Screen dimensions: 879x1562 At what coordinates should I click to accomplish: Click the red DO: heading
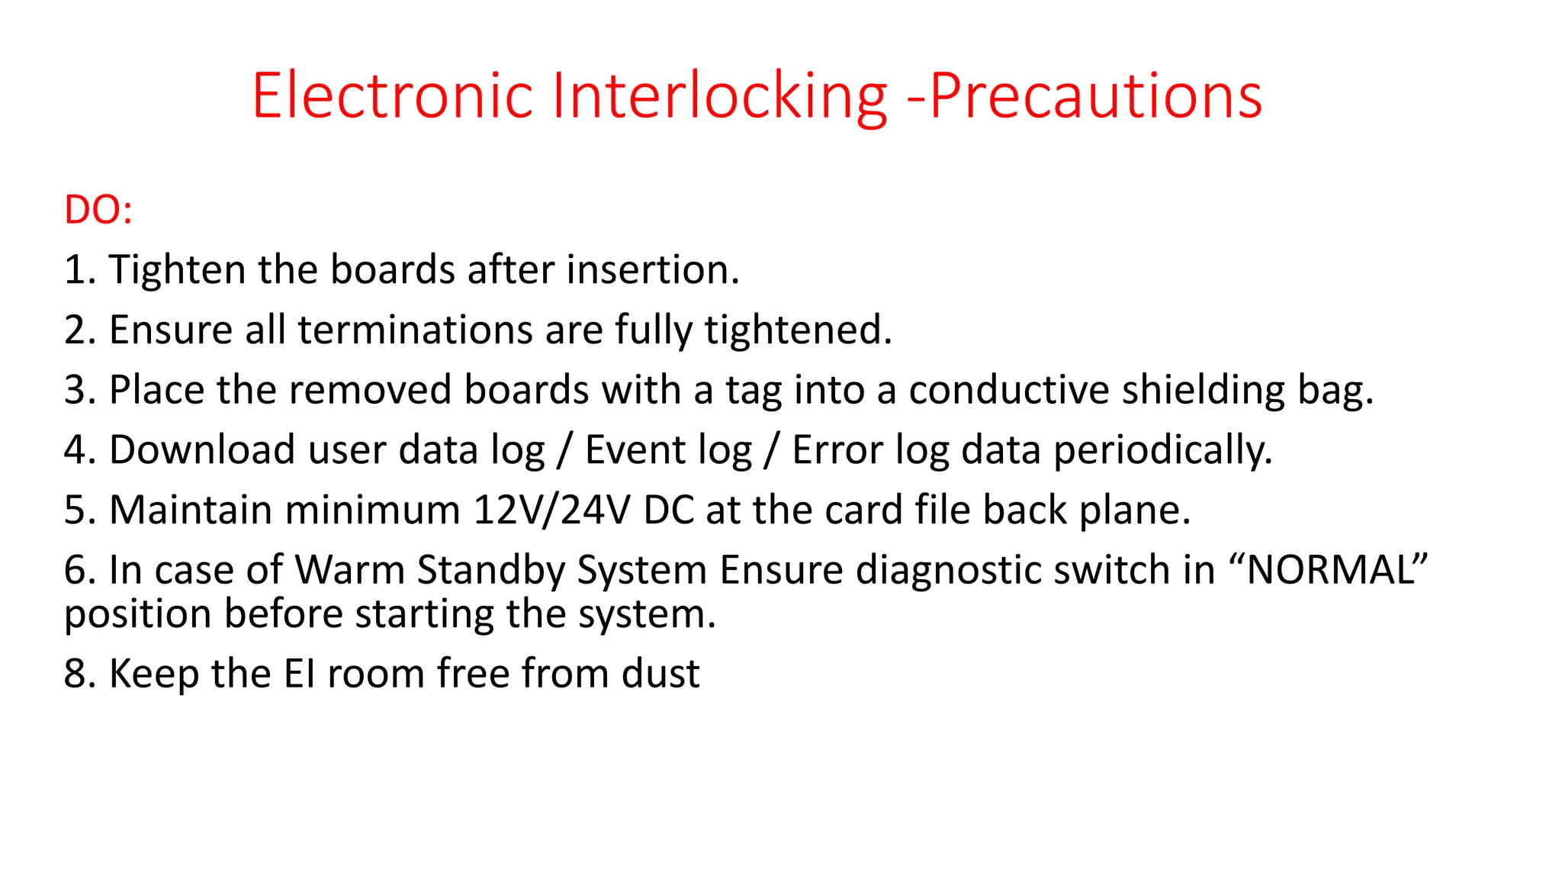[x=98, y=210]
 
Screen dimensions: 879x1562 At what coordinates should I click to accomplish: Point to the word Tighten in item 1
[x=177, y=270]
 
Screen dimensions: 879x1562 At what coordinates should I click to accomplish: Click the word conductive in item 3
[x=1008, y=390]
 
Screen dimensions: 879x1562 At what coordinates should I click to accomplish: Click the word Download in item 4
[x=202, y=449]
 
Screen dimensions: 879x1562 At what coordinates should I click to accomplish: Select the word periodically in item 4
[x=1162, y=449]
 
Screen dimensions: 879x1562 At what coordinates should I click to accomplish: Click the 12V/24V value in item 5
[x=551, y=510]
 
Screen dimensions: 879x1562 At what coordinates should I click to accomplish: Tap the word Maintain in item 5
[x=191, y=510]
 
